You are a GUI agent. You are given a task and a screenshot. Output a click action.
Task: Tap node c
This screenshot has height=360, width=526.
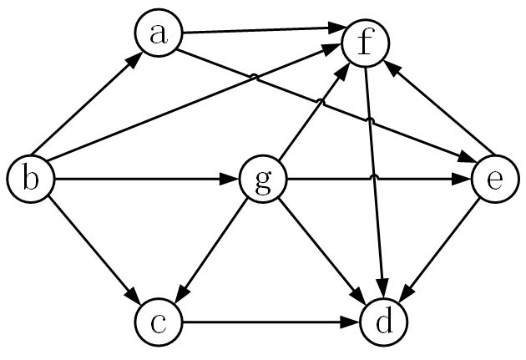coord(157,322)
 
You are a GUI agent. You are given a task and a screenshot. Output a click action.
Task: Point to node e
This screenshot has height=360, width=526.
coord(493,179)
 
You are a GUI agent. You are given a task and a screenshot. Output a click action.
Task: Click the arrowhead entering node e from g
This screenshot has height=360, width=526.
coord(464,179)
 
